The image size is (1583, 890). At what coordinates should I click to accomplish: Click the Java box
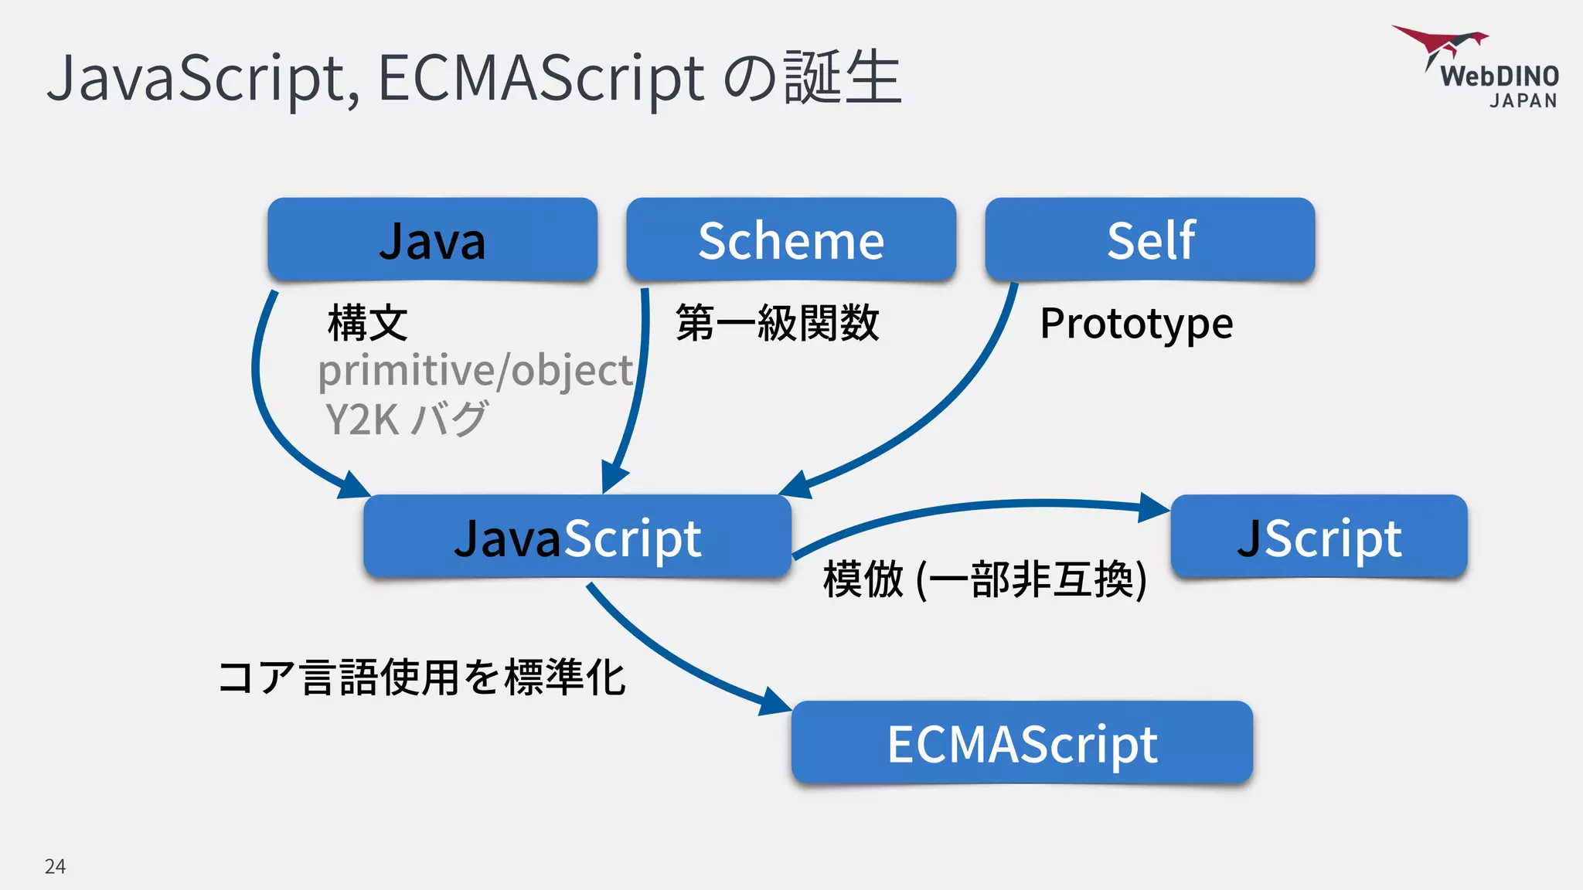432,239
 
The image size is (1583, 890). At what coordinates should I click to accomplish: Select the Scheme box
791,239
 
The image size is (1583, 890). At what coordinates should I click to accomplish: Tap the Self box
1150,239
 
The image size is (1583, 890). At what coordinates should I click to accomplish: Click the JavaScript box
577,537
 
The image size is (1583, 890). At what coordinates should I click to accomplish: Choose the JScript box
1319,537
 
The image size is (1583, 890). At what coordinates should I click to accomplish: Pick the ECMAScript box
1021,743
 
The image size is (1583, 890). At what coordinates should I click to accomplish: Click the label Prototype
1136,323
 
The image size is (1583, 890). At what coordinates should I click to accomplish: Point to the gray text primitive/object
475,371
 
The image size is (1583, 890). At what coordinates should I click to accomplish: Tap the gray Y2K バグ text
407,420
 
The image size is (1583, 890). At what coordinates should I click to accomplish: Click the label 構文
368,323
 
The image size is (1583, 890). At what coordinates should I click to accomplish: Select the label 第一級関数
778,323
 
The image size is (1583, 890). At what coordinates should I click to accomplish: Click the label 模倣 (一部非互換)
985,579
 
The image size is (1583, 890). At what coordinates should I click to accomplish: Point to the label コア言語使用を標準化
422,678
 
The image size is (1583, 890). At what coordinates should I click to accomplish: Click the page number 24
55,866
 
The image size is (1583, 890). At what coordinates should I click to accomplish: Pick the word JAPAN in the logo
1523,101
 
